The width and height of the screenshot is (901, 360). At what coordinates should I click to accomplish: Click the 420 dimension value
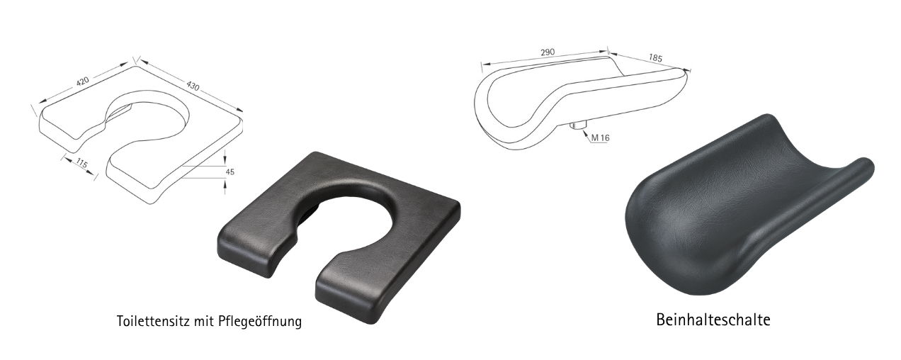coord(82,81)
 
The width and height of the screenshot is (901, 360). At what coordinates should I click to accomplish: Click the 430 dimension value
coord(193,86)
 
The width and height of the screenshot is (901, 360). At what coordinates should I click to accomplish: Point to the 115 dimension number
coord(81,164)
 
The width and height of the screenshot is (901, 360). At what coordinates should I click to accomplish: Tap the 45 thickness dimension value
coord(229,172)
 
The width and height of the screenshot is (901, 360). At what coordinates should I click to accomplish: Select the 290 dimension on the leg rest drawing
coord(548,52)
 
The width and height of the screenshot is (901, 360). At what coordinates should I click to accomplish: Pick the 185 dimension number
coord(655,58)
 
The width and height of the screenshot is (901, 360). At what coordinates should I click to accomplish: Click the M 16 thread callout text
coord(600,138)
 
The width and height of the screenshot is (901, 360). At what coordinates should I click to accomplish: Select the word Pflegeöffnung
coord(260,322)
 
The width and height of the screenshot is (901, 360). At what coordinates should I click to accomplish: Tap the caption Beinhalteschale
coord(713,320)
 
